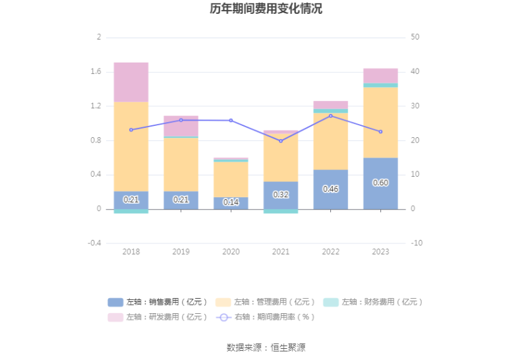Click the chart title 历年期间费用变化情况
(266, 9)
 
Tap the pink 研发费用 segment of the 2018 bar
(131, 82)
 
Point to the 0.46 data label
(330, 189)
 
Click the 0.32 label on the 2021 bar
(281, 195)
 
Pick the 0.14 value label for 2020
(231, 202)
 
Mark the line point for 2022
(330, 116)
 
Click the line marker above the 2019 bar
(181, 120)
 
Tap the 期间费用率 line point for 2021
(281, 141)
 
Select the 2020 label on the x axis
(231, 252)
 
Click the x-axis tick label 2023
(380, 252)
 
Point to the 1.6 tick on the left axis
(96, 71)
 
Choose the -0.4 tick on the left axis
(94, 243)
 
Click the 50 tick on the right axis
(415, 37)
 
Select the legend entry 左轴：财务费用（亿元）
(373, 302)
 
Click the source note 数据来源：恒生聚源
(266, 347)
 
